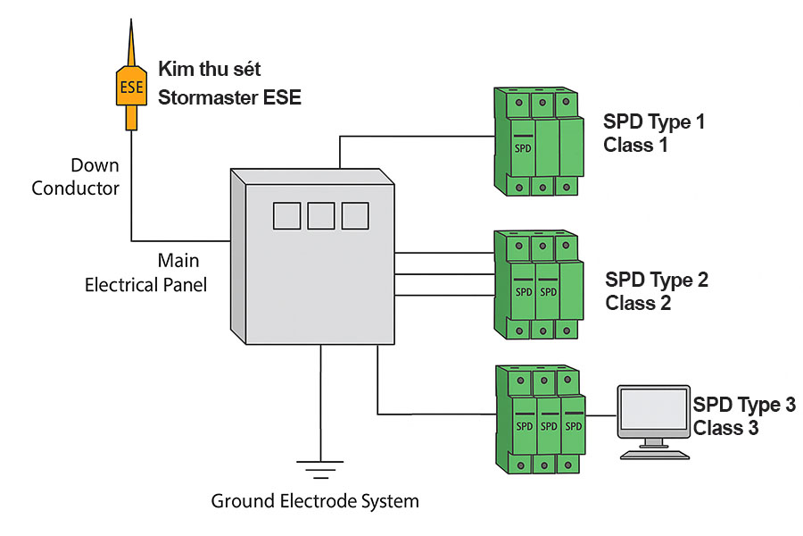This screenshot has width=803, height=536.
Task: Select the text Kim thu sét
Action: pos(210,70)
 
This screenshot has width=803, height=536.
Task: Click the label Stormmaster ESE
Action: pos(229,97)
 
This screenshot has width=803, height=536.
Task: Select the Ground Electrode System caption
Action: pos(315,501)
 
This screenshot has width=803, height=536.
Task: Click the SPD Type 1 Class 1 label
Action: pos(654,133)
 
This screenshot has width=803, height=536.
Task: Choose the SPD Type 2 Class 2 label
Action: pos(657,291)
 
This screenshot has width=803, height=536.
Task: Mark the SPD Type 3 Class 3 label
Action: pos(743,415)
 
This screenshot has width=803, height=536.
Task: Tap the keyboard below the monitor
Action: pos(655,454)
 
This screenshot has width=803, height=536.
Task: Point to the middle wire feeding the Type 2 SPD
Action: pos(444,273)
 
